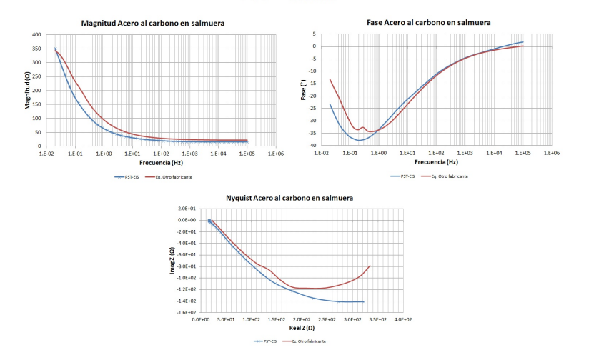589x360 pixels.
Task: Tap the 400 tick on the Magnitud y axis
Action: [36, 34]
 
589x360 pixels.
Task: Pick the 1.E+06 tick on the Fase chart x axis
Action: [551, 153]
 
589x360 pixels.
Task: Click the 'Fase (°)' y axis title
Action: [303, 90]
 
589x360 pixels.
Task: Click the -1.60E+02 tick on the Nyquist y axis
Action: [187, 313]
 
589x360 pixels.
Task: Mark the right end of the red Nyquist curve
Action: [370, 266]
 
